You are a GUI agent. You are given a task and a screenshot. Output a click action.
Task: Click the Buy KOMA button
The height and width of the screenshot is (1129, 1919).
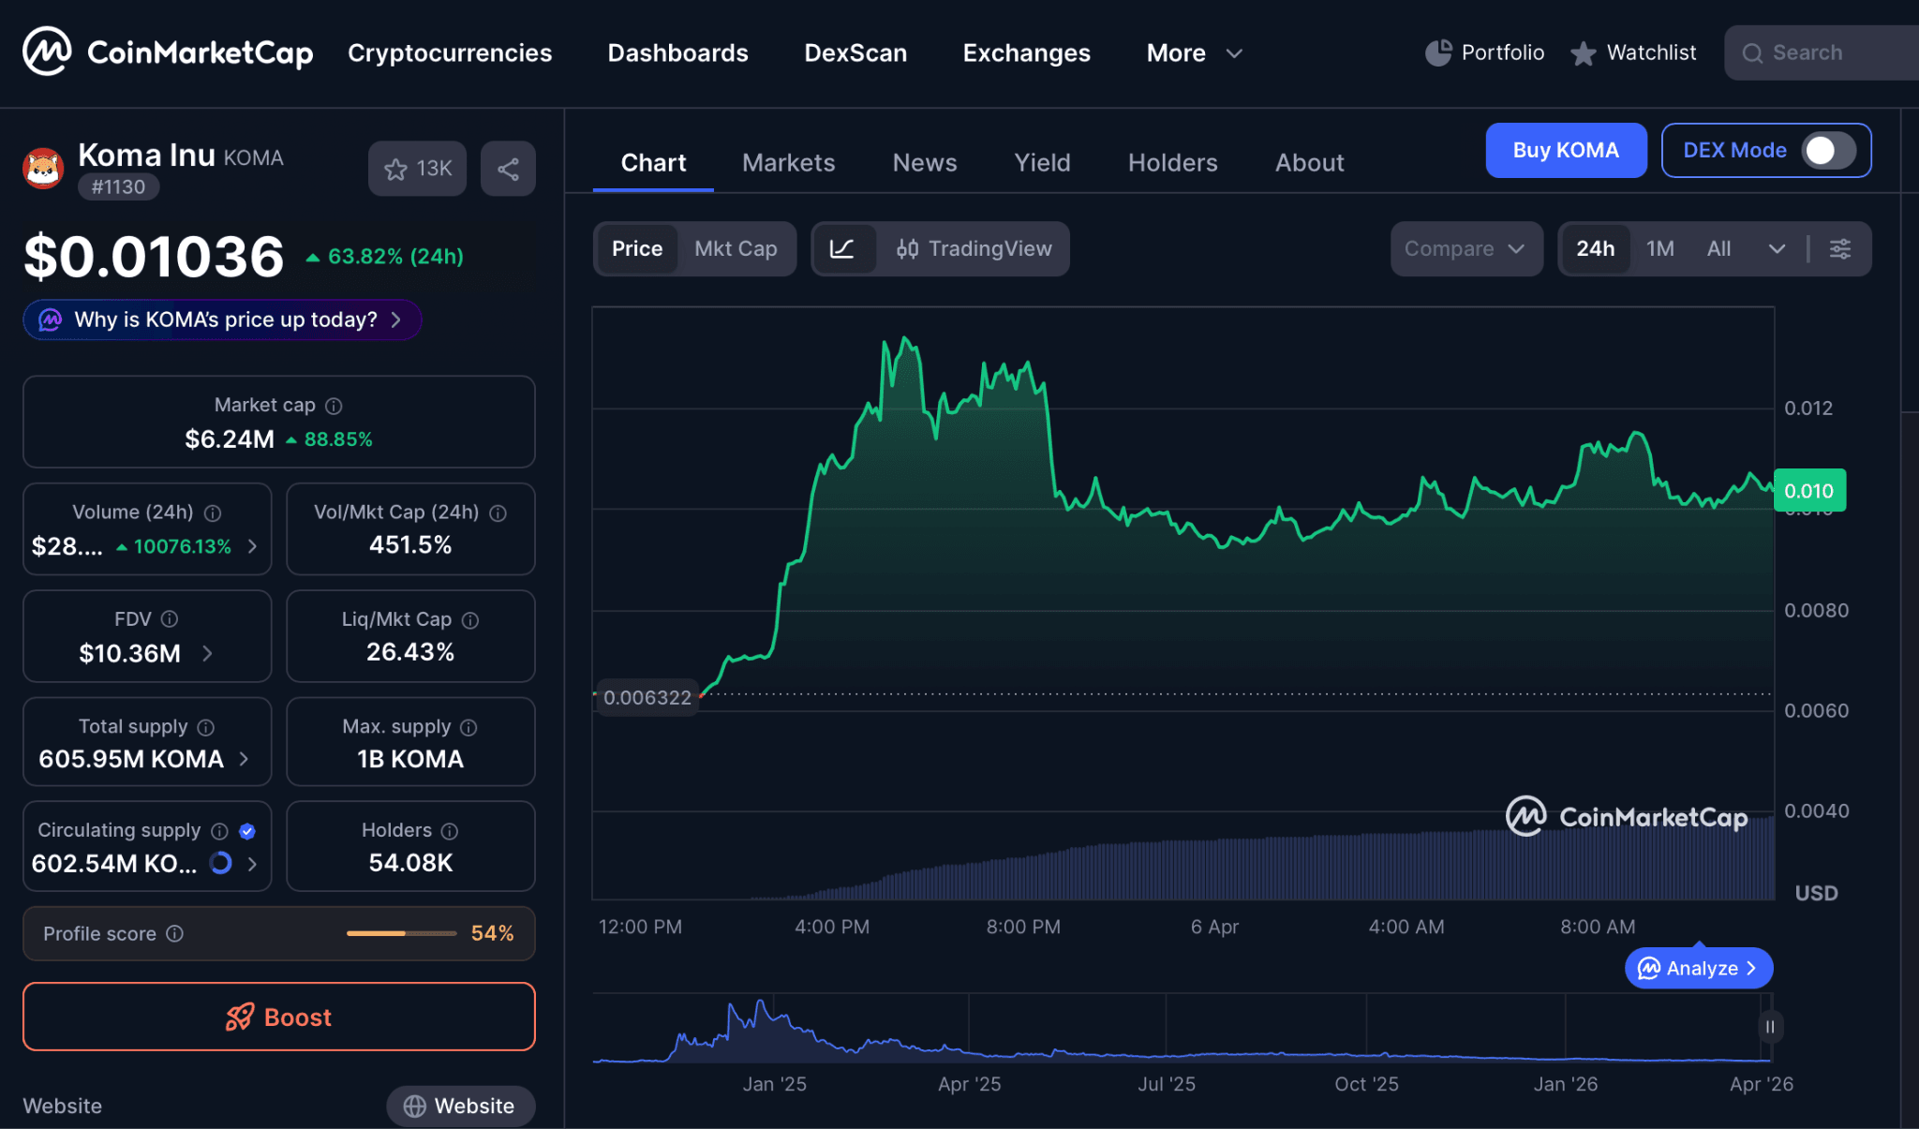pyautogui.click(x=1565, y=150)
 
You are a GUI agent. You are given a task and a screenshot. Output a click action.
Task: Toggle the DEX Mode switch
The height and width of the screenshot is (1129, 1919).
pyautogui.click(x=1828, y=150)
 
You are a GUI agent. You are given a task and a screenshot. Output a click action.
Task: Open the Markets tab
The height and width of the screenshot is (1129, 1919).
pyautogui.click(x=788, y=163)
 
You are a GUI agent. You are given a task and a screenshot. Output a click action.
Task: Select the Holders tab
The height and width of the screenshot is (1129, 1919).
pyautogui.click(x=1172, y=163)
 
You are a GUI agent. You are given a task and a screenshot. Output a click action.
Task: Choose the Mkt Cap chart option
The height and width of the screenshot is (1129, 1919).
pyautogui.click(x=736, y=248)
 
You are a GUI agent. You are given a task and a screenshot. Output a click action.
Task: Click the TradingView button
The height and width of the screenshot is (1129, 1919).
pyautogui.click(x=974, y=248)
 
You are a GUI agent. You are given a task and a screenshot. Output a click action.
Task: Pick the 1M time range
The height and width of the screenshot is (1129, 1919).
pyautogui.click(x=1659, y=248)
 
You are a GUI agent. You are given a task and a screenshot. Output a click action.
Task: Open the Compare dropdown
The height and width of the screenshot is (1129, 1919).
pyautogui.click(x=1465, y=248)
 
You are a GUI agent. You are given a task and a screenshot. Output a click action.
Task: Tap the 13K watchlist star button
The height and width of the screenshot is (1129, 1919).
pyautogui.click(x=417, y=169)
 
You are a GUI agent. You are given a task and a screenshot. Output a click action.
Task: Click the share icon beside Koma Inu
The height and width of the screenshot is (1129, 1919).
pyautogui.click(x=508, y=169)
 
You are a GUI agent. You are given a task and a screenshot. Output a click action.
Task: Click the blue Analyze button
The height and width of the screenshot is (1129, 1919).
pyautogui.click(x=1698, y=968)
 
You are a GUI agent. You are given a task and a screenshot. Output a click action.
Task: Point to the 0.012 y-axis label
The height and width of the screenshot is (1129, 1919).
pyautogui.click(x=1807, y=408)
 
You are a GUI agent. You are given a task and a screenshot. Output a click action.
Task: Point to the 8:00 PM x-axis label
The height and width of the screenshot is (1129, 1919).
pyautogui.click(x=1023, y=927)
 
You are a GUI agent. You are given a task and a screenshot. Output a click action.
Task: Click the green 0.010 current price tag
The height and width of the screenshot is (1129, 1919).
pyautogui.click(x=1808, y=491)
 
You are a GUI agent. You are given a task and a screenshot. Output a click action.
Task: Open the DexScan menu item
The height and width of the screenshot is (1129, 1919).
pyautogui.click(x=855, y=52)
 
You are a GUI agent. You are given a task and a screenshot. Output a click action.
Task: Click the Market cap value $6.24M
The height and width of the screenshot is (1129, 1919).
pyautogui.click(x=230, y=438)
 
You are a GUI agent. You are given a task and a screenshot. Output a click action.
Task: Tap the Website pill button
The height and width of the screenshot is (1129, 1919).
pyautogui.click(x=460, y=1106)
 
